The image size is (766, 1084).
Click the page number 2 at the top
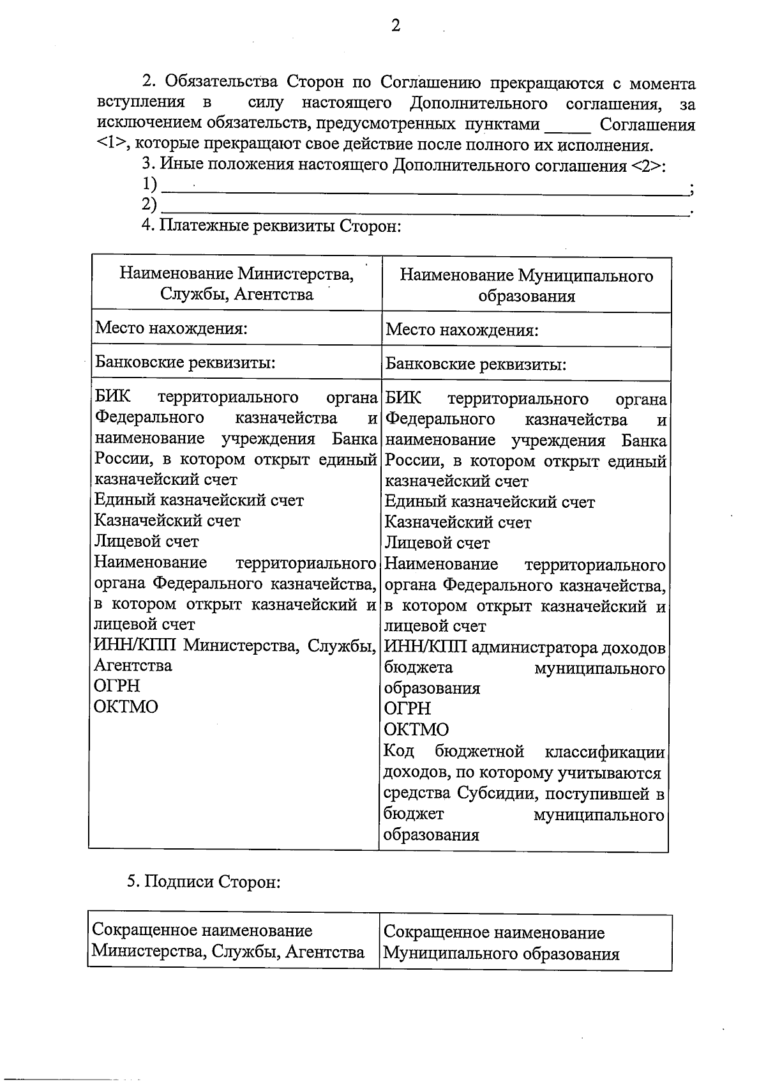(395, 26)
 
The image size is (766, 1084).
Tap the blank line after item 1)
(424, 188)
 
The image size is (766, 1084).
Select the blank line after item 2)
(424, 210)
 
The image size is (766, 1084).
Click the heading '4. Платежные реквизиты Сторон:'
(271, 226)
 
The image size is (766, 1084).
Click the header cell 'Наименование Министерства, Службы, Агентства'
(237, 284)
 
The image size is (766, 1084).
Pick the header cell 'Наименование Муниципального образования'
(526, 286)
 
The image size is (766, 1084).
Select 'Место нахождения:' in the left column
(171, 328)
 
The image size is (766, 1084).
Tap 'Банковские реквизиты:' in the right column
(476, 364)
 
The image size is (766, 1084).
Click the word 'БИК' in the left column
(112, 397)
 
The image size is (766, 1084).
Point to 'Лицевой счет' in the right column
(437, 543)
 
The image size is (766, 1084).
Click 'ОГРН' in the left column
(117, 685)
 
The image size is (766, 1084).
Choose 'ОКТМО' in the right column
(416, 729)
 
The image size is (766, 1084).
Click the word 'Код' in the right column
(399, 751)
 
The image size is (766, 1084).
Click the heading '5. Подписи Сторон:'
(204, 882)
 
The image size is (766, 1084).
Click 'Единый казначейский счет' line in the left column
(199, 500)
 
